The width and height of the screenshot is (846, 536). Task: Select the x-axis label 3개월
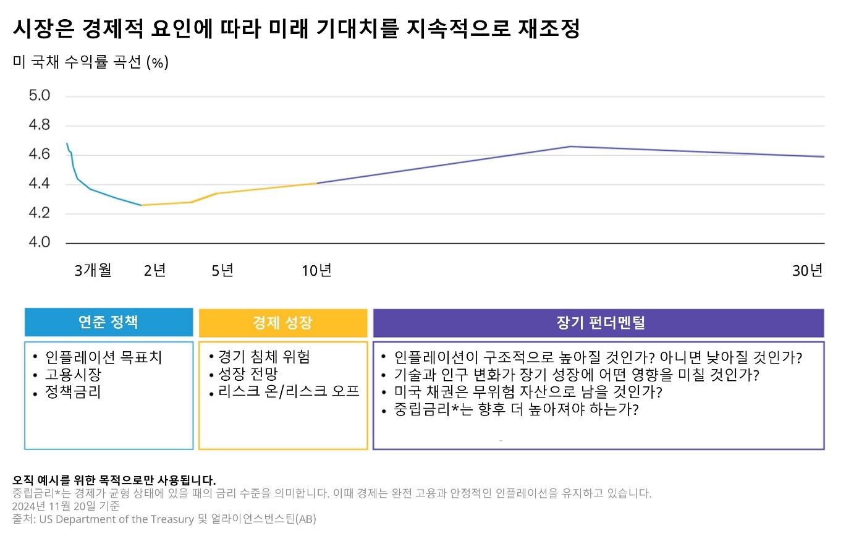[x=93, y=270]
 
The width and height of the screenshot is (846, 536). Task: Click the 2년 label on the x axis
[x=154, y=270]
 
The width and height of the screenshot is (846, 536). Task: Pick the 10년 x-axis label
[x=316, y=270]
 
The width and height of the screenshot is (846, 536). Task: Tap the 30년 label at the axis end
[x=808, y=270]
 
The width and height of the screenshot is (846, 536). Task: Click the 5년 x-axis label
[x=222, y=270]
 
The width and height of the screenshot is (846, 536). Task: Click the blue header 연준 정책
[x=108, y=322]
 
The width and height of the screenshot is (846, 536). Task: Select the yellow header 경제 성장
[x=282, y=322]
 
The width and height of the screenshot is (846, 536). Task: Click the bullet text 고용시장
[x=73, y=375]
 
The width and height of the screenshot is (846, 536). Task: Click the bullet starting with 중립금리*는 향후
[x=516, y=409]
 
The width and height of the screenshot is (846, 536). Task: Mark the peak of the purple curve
[x=570, y=147]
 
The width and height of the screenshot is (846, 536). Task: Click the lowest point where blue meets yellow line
[x=142, y=205]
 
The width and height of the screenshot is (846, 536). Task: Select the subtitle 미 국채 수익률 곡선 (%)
[x=90, y=62]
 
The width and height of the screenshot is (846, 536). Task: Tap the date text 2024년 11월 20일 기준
[x=66, y=506]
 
